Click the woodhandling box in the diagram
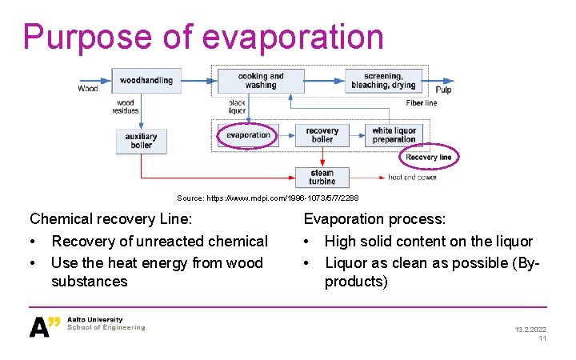146,80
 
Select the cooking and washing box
260,81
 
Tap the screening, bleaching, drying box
383,81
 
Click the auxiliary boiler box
141,141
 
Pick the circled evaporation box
248,135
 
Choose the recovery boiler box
322,135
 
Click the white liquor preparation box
394,135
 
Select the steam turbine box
322,177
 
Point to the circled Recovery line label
429,158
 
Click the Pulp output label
443,90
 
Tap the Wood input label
88,89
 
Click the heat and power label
412,178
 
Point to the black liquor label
237,106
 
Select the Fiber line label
421,103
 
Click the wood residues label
126,106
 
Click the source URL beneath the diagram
268,198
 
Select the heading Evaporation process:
374,219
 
